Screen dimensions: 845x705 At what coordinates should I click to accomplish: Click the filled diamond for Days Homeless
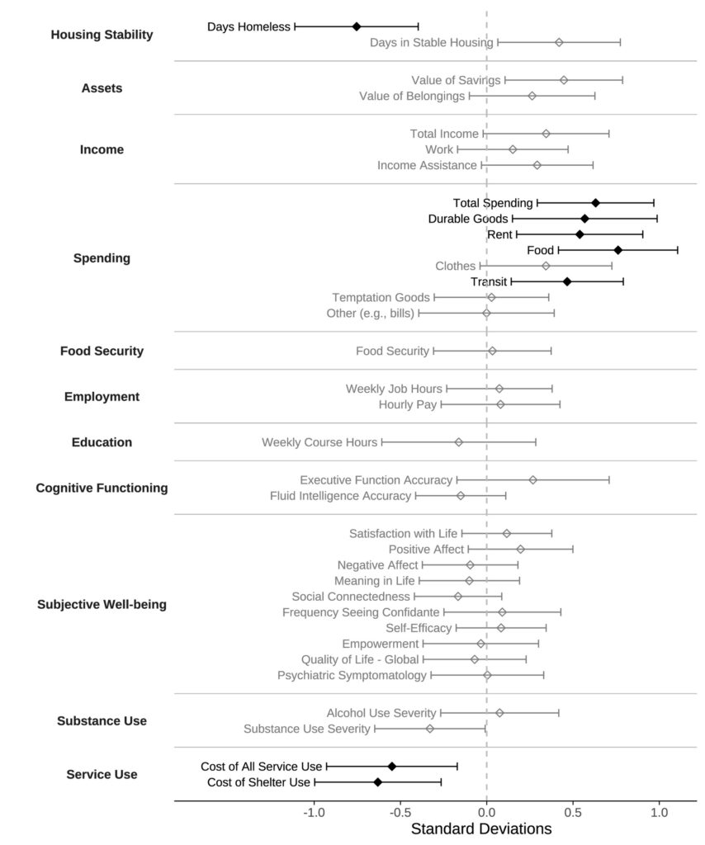click(357, 26)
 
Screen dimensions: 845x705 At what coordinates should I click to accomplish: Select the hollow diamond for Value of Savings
click(564, 80)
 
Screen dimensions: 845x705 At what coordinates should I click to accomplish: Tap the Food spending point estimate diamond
click(617, 249)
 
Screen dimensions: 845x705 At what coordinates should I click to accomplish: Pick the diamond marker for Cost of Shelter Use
click(378, 782)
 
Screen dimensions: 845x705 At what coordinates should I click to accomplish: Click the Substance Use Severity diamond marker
click(430, 729)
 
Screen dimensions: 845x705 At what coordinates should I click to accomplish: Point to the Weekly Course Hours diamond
click(459, 442)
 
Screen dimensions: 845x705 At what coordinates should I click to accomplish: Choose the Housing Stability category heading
click(102, 35)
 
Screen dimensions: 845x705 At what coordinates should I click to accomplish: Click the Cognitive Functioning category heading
click(102, 488)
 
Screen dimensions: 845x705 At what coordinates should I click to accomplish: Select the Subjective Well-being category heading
click(102, 604)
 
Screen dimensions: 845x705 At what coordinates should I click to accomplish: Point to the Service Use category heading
click(102, 774)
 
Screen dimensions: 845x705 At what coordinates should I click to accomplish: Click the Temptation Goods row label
click(381, 297)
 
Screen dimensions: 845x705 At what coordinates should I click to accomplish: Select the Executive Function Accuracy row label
click(376, 479)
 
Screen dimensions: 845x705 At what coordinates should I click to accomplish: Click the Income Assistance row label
click(427, 165)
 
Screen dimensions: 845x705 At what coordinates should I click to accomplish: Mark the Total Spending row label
click(493, 202)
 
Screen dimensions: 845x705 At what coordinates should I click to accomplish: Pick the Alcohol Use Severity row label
click(381, 712)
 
